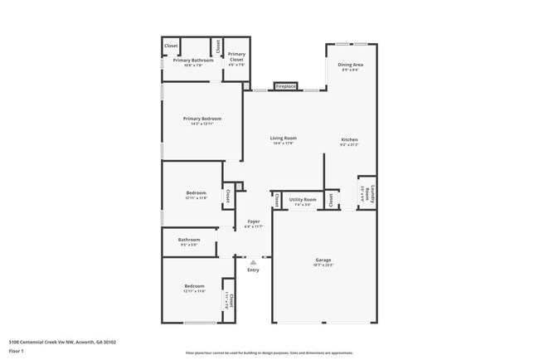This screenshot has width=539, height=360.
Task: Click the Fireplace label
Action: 286,86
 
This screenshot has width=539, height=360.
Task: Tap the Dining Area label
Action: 350,64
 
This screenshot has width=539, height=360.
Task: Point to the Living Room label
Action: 284,138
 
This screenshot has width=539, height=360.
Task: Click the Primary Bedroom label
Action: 202,119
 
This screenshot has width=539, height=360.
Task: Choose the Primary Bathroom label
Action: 193,60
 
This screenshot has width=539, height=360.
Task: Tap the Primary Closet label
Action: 237,57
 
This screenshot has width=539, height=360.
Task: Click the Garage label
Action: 323,260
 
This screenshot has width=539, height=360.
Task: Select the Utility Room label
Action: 303,199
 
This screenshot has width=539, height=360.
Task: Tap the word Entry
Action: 253,270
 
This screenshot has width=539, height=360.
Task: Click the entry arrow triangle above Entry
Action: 253,261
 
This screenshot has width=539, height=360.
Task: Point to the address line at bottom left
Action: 62,341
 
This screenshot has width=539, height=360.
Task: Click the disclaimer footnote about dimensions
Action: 269,353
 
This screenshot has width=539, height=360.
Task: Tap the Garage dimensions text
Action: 323,265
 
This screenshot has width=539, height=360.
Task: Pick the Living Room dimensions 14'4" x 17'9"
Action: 284,144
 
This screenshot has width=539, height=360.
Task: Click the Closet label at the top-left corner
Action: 171,46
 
